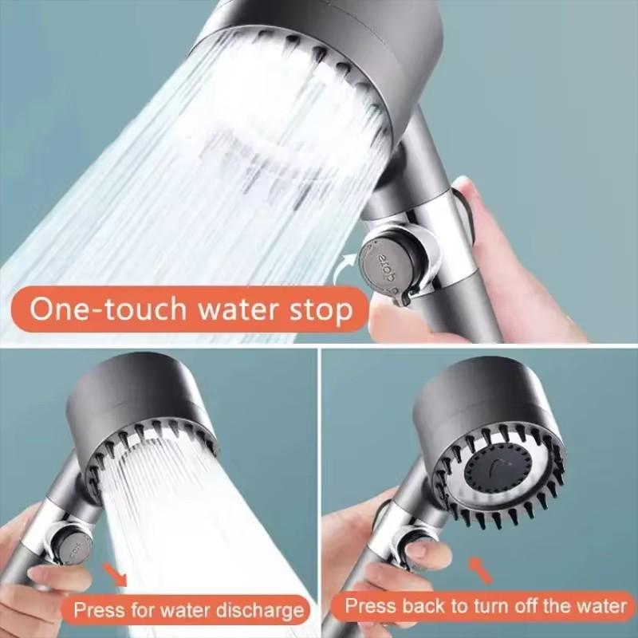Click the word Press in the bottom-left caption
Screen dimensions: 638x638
[x=99, y=611]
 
